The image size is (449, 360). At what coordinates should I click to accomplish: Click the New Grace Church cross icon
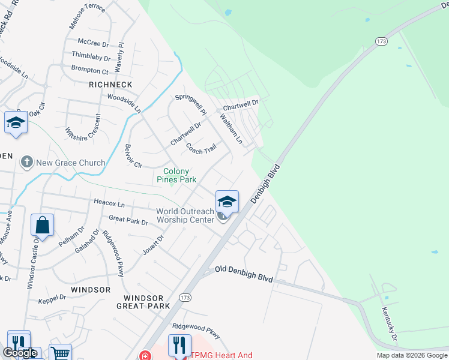point(26,162)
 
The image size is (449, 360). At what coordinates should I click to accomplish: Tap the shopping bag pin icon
point(43,226)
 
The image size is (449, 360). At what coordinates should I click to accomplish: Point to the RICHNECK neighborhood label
point(110,85)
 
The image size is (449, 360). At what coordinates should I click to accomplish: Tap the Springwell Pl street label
point(190,104)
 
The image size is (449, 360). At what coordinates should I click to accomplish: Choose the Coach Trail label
point(200,148)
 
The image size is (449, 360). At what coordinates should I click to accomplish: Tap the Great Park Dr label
point(128,221)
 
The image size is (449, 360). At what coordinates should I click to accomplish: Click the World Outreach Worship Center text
point(185,215)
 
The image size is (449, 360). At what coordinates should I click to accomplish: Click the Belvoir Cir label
point(133,155)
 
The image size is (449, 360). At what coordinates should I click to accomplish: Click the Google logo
point(20,353)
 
